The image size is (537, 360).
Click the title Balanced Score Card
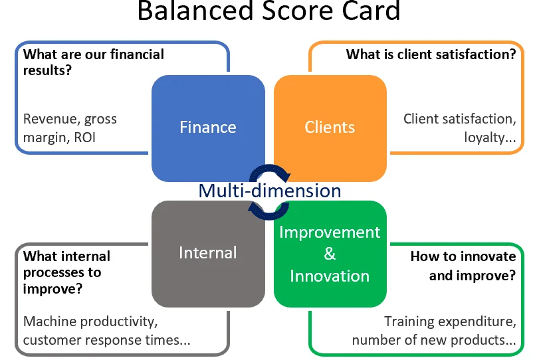coord(268,11)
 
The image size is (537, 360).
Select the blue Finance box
coord(207,127)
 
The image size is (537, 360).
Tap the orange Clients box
coord(330,127)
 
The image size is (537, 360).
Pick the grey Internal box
coord(207,252)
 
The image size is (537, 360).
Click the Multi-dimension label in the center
coord(269,191)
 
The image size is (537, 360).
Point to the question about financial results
coord(93,62)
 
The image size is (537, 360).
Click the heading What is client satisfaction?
coord(431,54)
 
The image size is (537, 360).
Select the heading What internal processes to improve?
coord(66,272)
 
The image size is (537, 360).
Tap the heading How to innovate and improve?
coord(463,266)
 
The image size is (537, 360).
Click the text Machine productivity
coord(90,321)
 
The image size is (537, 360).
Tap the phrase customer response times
coord(106,340)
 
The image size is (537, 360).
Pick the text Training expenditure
coord(449,321)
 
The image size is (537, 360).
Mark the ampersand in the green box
coord(330,254)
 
